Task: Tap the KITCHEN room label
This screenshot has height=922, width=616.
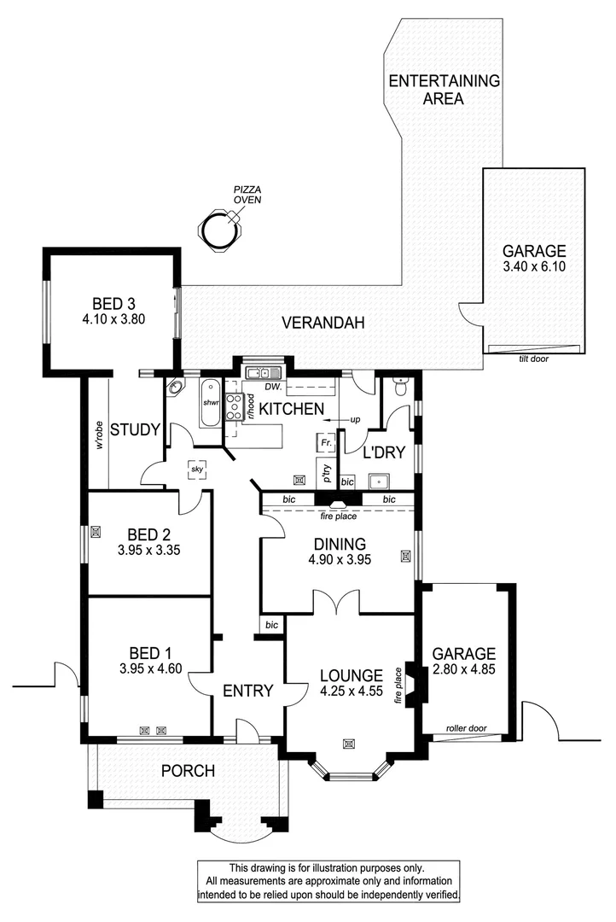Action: [x=293, y=408]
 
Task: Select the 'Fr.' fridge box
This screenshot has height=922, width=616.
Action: [x=324, y=443]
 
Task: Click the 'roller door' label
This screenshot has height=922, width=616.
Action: [x=466, y=729]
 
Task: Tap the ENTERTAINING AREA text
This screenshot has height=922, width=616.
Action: [x=443, y=90]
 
